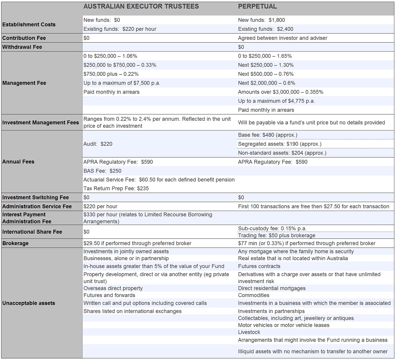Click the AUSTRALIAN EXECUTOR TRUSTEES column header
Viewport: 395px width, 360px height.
[x=141, y=6]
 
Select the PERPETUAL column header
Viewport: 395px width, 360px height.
[x=257, y=6]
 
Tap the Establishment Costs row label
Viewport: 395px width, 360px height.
[x=29, y=24]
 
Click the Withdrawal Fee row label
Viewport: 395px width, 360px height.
[x=22, y=47]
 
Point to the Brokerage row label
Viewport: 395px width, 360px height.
[x=15, y=243]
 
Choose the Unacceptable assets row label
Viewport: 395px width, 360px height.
[x=28, y=303]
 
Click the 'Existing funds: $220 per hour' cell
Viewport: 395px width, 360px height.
[x=120, y=29]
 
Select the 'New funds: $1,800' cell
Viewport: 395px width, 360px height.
[x=261, y=20]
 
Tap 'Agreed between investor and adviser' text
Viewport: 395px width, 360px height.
[x=282, y=38]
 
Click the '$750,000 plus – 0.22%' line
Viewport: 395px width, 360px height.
[x=111, y=74]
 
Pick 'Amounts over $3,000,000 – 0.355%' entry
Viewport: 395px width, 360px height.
[x=280, y=92]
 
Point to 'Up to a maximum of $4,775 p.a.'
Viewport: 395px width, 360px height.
[x=276, y=101]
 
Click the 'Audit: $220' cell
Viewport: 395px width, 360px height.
[x=98, y=144]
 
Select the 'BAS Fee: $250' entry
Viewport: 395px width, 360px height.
[x=102, y=171]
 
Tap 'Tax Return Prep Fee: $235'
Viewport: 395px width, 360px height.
[x=116, y=188]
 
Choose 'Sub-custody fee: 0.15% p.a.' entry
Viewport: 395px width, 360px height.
[x=272, y=228]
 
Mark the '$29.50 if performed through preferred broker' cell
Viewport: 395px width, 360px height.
[x=137, y=243]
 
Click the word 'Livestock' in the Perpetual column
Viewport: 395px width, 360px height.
[x=249, y=332]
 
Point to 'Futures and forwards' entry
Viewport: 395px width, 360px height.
[x=109, y=295]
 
